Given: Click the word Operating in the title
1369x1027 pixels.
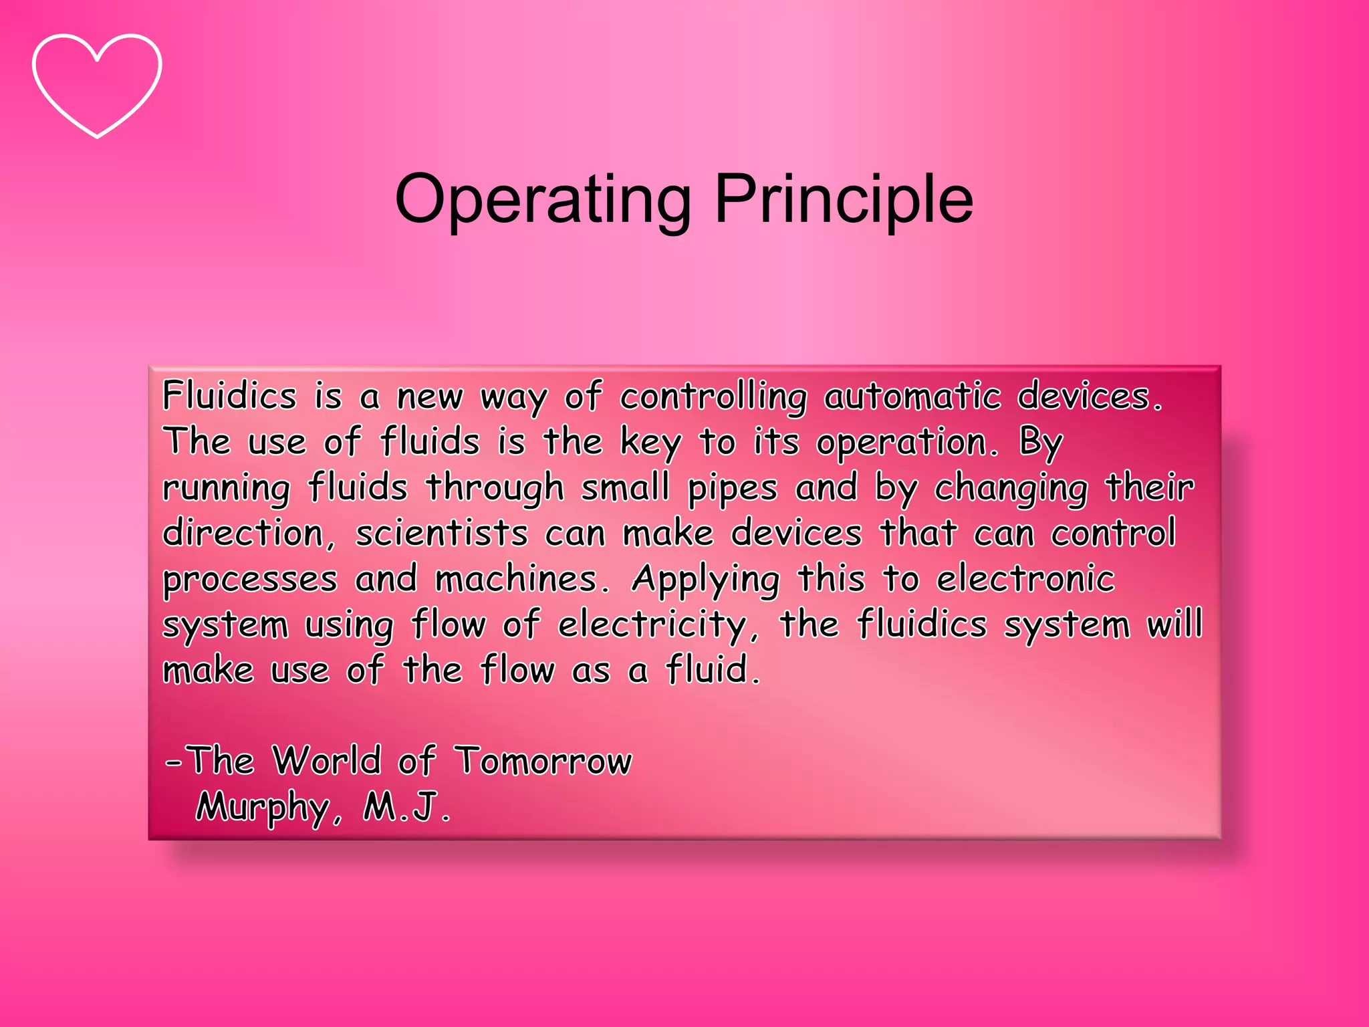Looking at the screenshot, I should point(543,199).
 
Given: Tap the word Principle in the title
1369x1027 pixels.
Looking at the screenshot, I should point(844,199).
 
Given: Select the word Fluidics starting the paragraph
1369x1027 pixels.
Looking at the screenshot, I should point(229,396).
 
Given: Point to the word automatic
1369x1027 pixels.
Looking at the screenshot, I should point(912,396).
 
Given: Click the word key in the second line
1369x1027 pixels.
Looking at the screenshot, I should point(650,443).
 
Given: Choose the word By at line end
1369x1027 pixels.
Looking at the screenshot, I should point(1040,443).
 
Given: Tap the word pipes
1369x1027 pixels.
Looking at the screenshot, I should point(733,488).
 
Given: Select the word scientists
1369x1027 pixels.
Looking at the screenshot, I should point(441,534).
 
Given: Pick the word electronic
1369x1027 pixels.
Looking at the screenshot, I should point(1025,579).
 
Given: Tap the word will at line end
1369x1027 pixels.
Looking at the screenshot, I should point(1174,624).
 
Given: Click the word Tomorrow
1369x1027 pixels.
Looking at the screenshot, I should point(543,761).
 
